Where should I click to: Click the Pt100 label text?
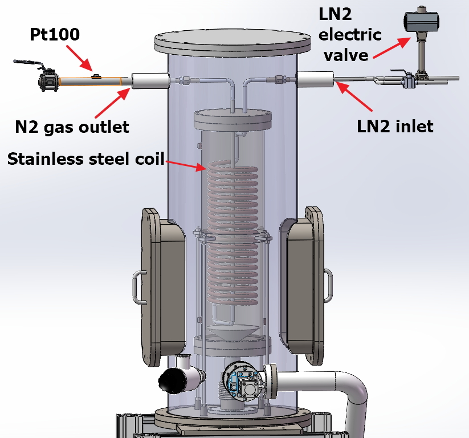pyautogui.click(x=55, y=35)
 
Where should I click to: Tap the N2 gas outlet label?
pyautogui.click(x=72, y=126)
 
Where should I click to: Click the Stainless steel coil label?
pyautogui.click(x=85, y=159)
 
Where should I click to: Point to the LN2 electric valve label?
pyautogui.click(x=349, y=35)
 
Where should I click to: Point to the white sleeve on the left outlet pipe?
pyautogui.click(x=150, y=81)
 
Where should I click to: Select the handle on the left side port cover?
pyautogui.click(x=137, y=287)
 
